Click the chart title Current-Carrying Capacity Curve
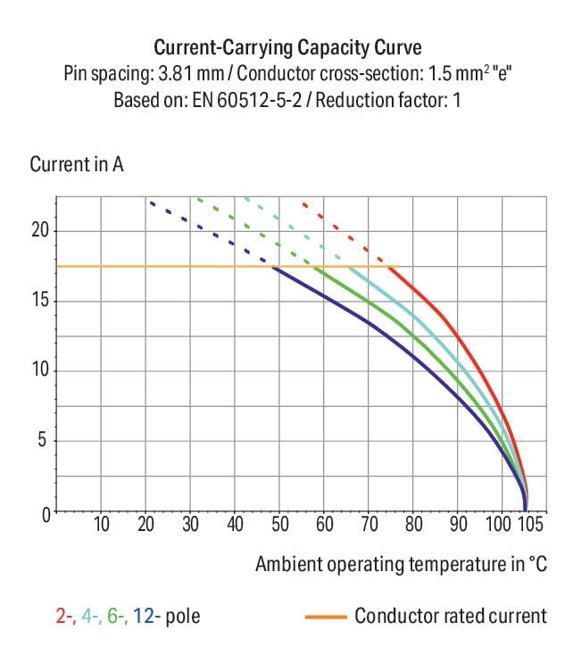click(x=286, y=47)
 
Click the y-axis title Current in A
click(x=77, y=165)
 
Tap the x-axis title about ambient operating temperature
click(x=401, y=564)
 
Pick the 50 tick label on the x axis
click(x=279, y=524)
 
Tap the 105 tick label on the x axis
click(x=529, y=524)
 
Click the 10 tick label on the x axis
click(x=102, y=524)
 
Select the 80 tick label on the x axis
click(x=413, y=524)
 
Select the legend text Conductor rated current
click(x=450, y=616)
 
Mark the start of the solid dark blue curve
click(x=272, y=267)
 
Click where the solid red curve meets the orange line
click(x=393, y=267)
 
